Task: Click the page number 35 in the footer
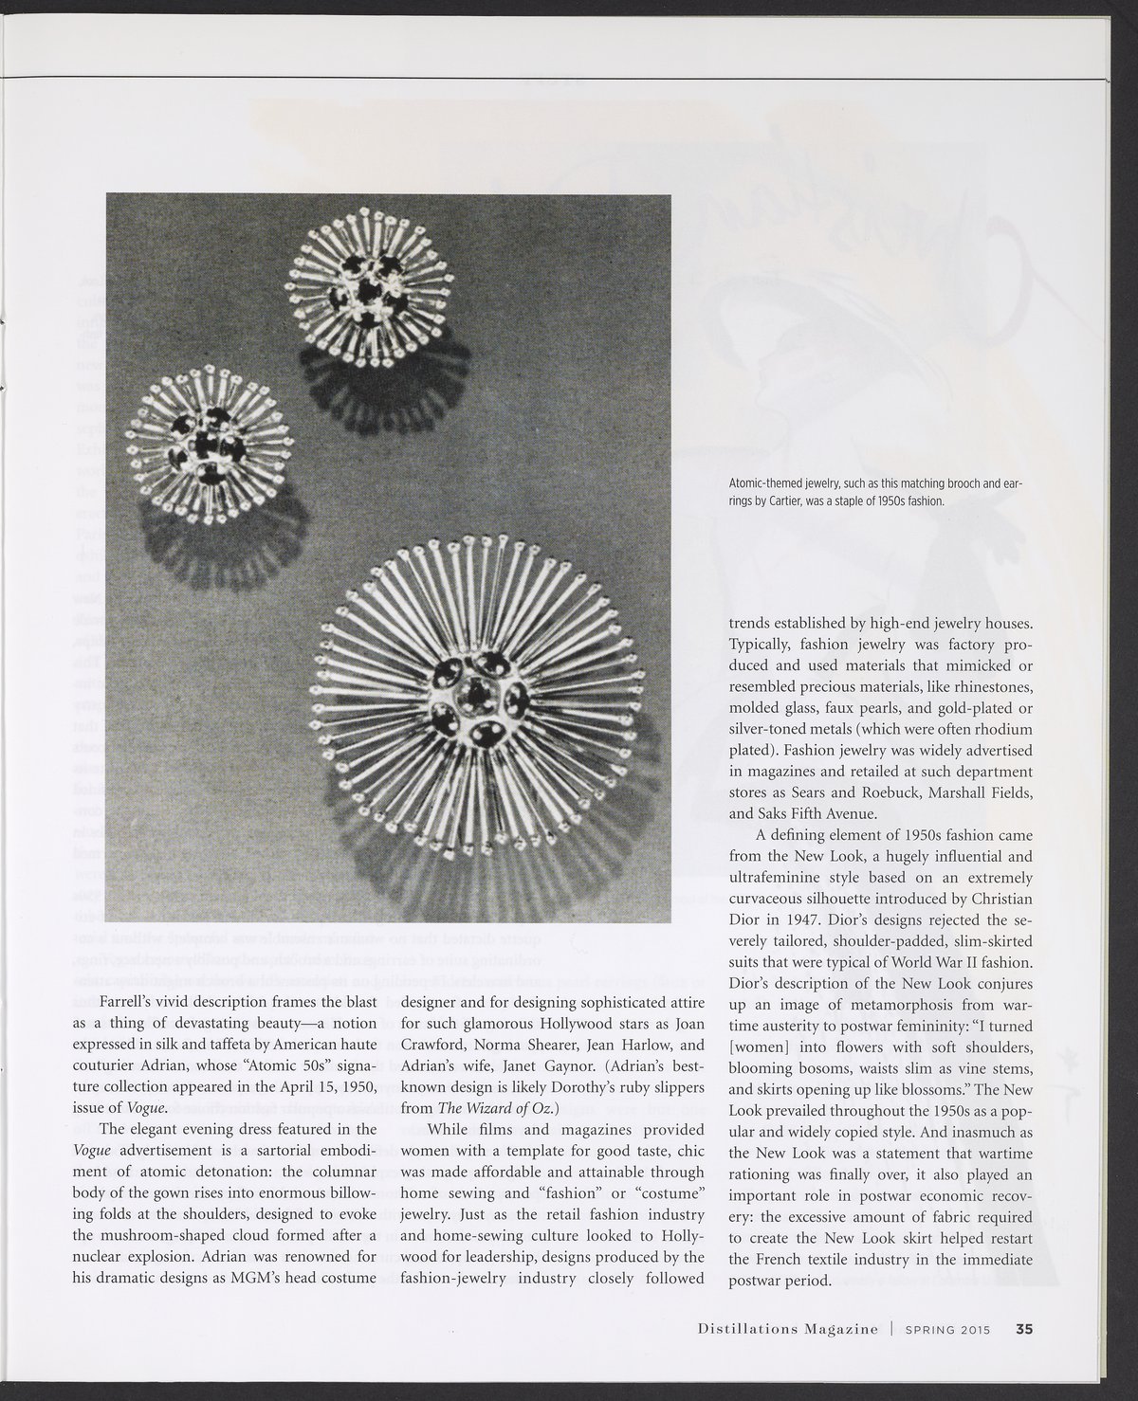coord(1024,1328)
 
